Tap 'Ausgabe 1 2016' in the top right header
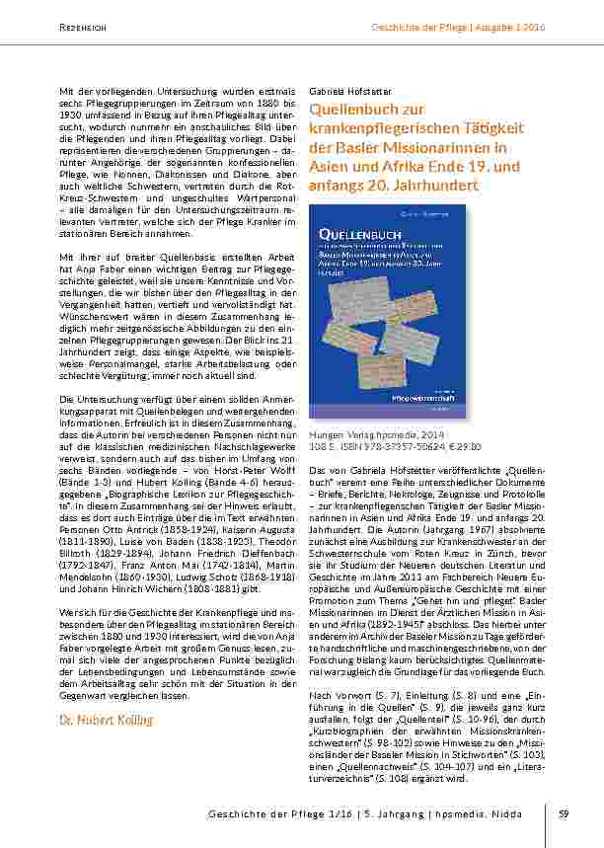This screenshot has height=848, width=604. click(x=511, y=27)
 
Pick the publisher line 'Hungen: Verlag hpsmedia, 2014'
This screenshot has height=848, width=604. click(x=378, y=433)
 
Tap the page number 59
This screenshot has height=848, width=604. click(x=563, y=813)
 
